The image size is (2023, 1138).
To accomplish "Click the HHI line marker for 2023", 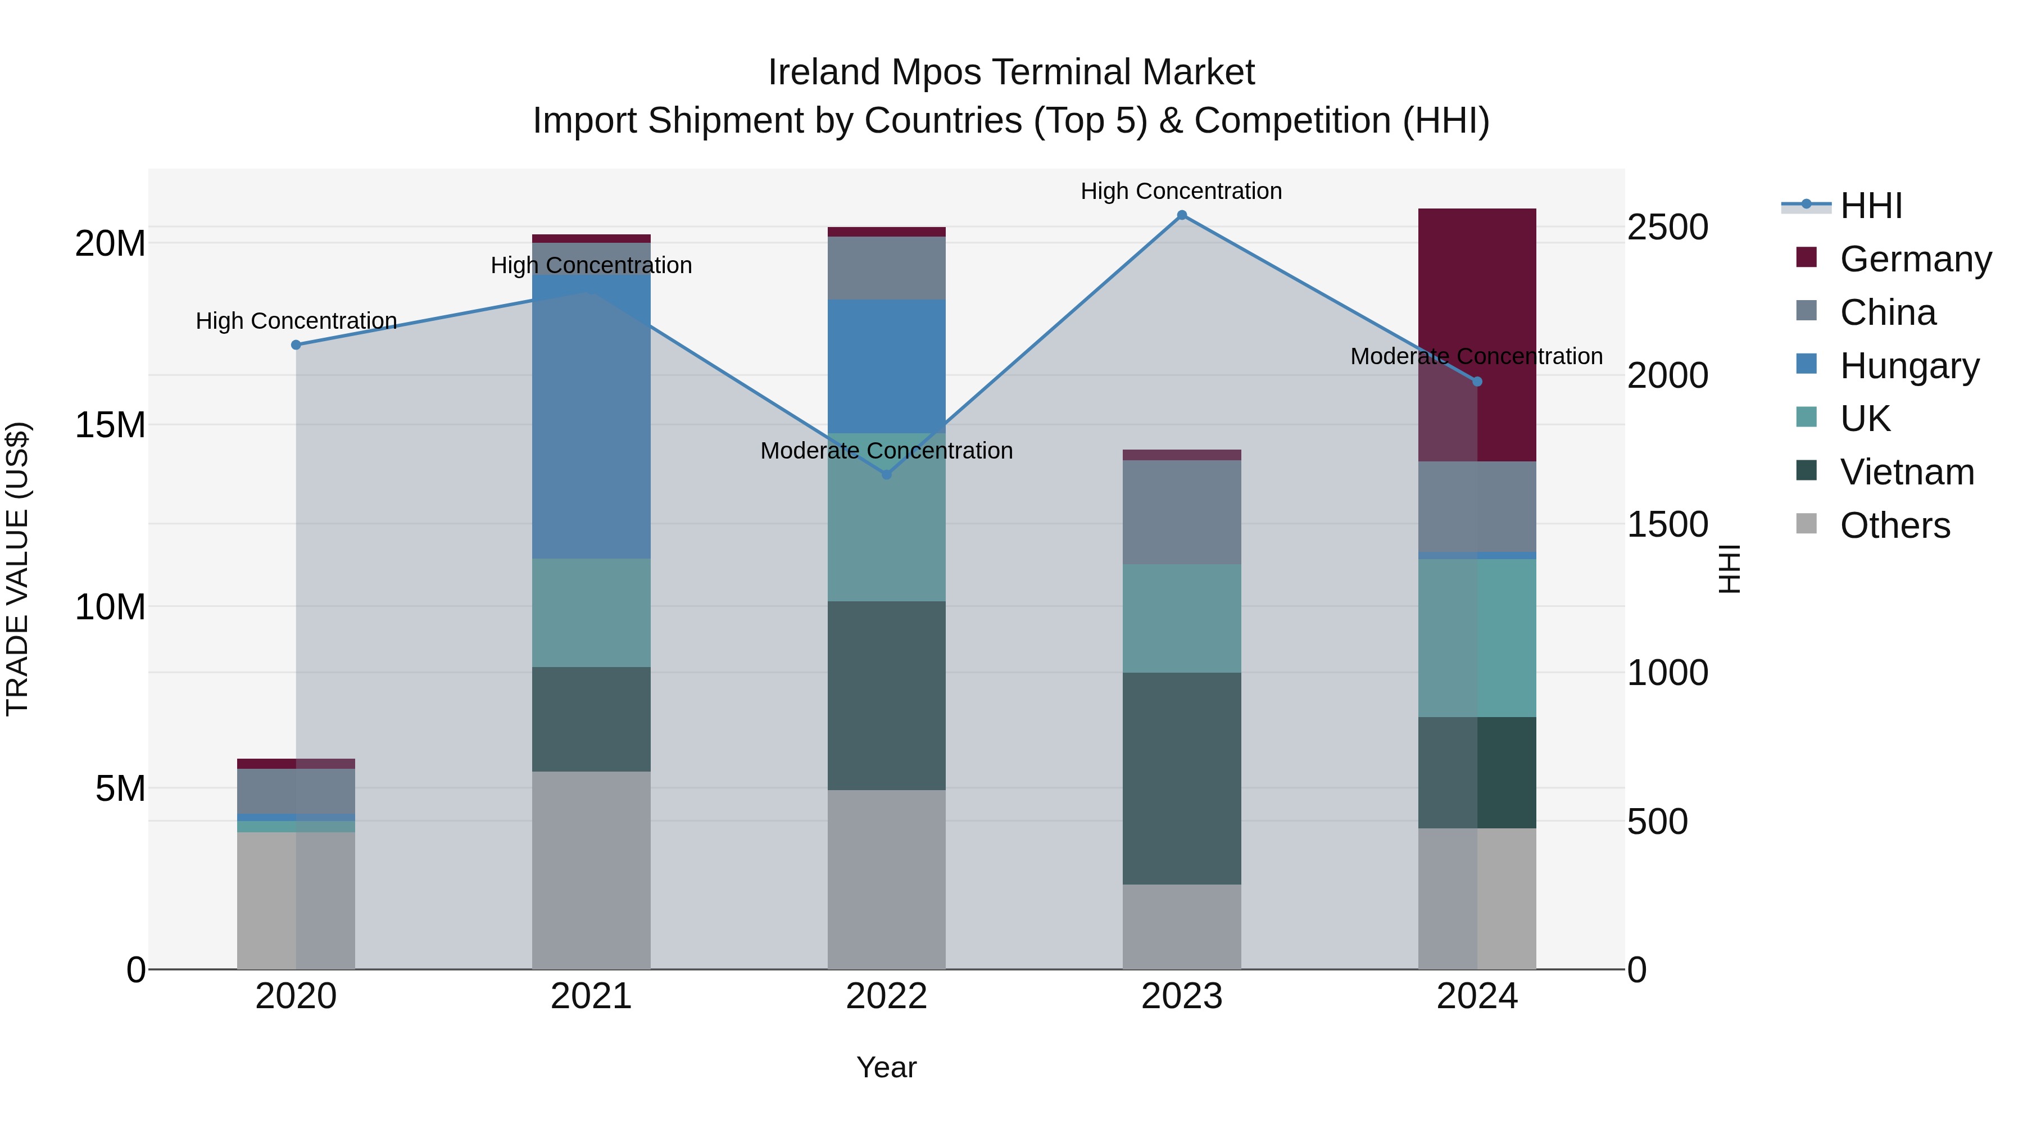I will click(x=1181, y=215).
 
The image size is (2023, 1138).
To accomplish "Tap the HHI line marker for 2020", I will click(x=296, y=345).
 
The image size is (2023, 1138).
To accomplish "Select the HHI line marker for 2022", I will click(x=887, y=474).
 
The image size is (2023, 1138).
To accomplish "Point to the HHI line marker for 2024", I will click(x=1477, y=382).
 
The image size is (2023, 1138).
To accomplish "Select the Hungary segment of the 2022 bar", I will click(x=887, y=366).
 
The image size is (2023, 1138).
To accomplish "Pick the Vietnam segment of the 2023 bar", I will click(x=1181, y=778).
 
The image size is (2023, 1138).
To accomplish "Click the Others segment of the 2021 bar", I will click(x=591, y=870).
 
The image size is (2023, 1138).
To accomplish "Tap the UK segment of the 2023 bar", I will click(x=1181, y=618).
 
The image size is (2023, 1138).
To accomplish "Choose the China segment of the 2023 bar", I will click(x=1181, y=512).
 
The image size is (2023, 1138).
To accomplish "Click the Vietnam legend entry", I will click(x=1907, y=473).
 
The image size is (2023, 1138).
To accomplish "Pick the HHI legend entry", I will click(x=1871, y=206).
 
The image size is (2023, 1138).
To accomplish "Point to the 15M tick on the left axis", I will click(x=110, y=425).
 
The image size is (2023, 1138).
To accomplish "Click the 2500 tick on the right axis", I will click(x=1667, y=227).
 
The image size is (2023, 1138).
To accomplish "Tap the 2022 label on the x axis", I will click(x=887, y=996).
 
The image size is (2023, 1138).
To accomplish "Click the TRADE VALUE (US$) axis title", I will click(x=18, y=569).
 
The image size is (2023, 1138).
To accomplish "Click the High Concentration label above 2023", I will click(x=1181, y=191).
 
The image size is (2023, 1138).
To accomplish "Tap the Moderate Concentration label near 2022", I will click(x=887, y=451).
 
